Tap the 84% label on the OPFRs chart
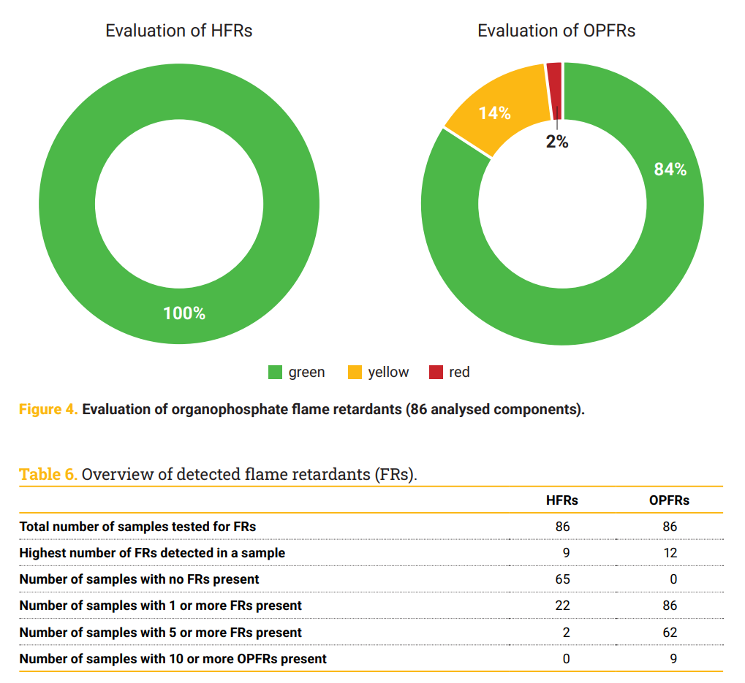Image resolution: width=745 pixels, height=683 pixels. coord(670,169)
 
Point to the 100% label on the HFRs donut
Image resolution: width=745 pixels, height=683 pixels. coord(184,313)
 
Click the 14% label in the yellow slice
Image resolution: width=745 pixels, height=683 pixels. coord(495,113)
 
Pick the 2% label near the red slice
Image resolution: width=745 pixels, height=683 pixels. coord(557,142)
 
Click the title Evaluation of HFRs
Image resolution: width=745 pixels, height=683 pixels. coord(179,31)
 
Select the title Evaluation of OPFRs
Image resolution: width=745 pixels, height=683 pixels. coord(556,31)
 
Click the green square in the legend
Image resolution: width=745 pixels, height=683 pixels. coord(275,373)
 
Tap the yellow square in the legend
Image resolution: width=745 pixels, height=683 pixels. coord(355,373)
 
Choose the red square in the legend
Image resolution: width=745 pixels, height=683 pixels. coord(436,373)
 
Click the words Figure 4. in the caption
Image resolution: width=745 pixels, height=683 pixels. coord(48,409)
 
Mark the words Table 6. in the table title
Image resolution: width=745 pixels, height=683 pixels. coord(48,474)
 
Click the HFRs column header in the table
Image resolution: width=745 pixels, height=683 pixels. coord(562,500)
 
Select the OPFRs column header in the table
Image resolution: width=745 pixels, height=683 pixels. coord(669,500)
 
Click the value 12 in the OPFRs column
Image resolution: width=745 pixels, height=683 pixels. coord(670,553)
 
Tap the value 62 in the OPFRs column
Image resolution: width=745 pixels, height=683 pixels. coord(670,632)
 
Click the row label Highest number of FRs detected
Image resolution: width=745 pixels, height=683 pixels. coord(152,553)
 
